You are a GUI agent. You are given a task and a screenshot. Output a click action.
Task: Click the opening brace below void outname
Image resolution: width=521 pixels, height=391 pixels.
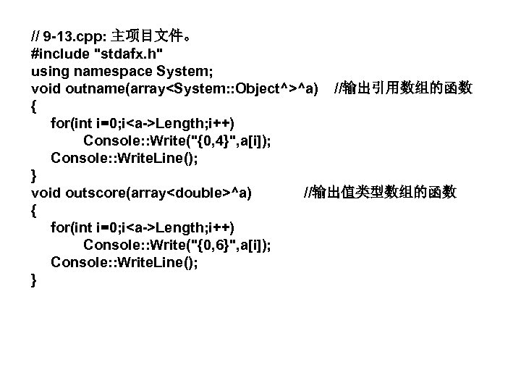coord(35,106)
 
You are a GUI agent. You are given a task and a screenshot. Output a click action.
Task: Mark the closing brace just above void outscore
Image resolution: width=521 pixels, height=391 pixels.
coord(35,175)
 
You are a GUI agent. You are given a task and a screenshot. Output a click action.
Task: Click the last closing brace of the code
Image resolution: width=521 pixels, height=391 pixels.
coord(35,279)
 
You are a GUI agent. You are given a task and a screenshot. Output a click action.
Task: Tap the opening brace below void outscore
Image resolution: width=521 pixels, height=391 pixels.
coord(35,210)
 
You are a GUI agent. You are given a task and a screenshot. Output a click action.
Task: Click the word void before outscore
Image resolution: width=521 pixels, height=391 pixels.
coord(46,193)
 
